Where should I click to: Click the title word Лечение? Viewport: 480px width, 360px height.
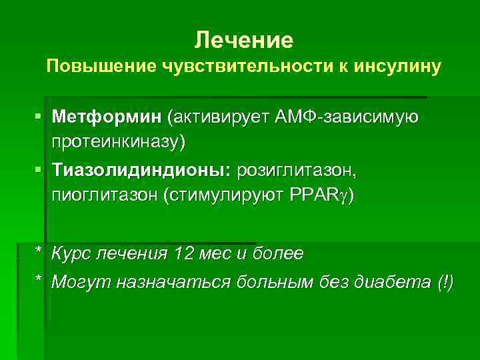point(244,41)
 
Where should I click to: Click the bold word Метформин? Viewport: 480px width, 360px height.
point(108,118)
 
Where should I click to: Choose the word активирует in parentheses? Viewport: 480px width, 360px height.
point(219,118)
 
